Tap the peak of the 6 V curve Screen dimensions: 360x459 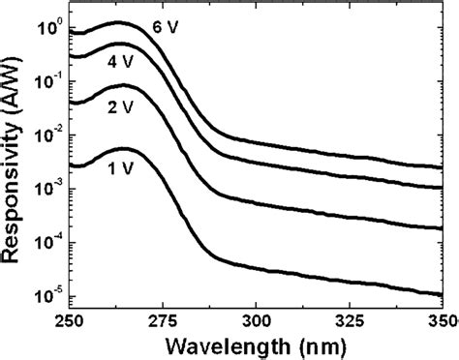pos(119,22)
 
